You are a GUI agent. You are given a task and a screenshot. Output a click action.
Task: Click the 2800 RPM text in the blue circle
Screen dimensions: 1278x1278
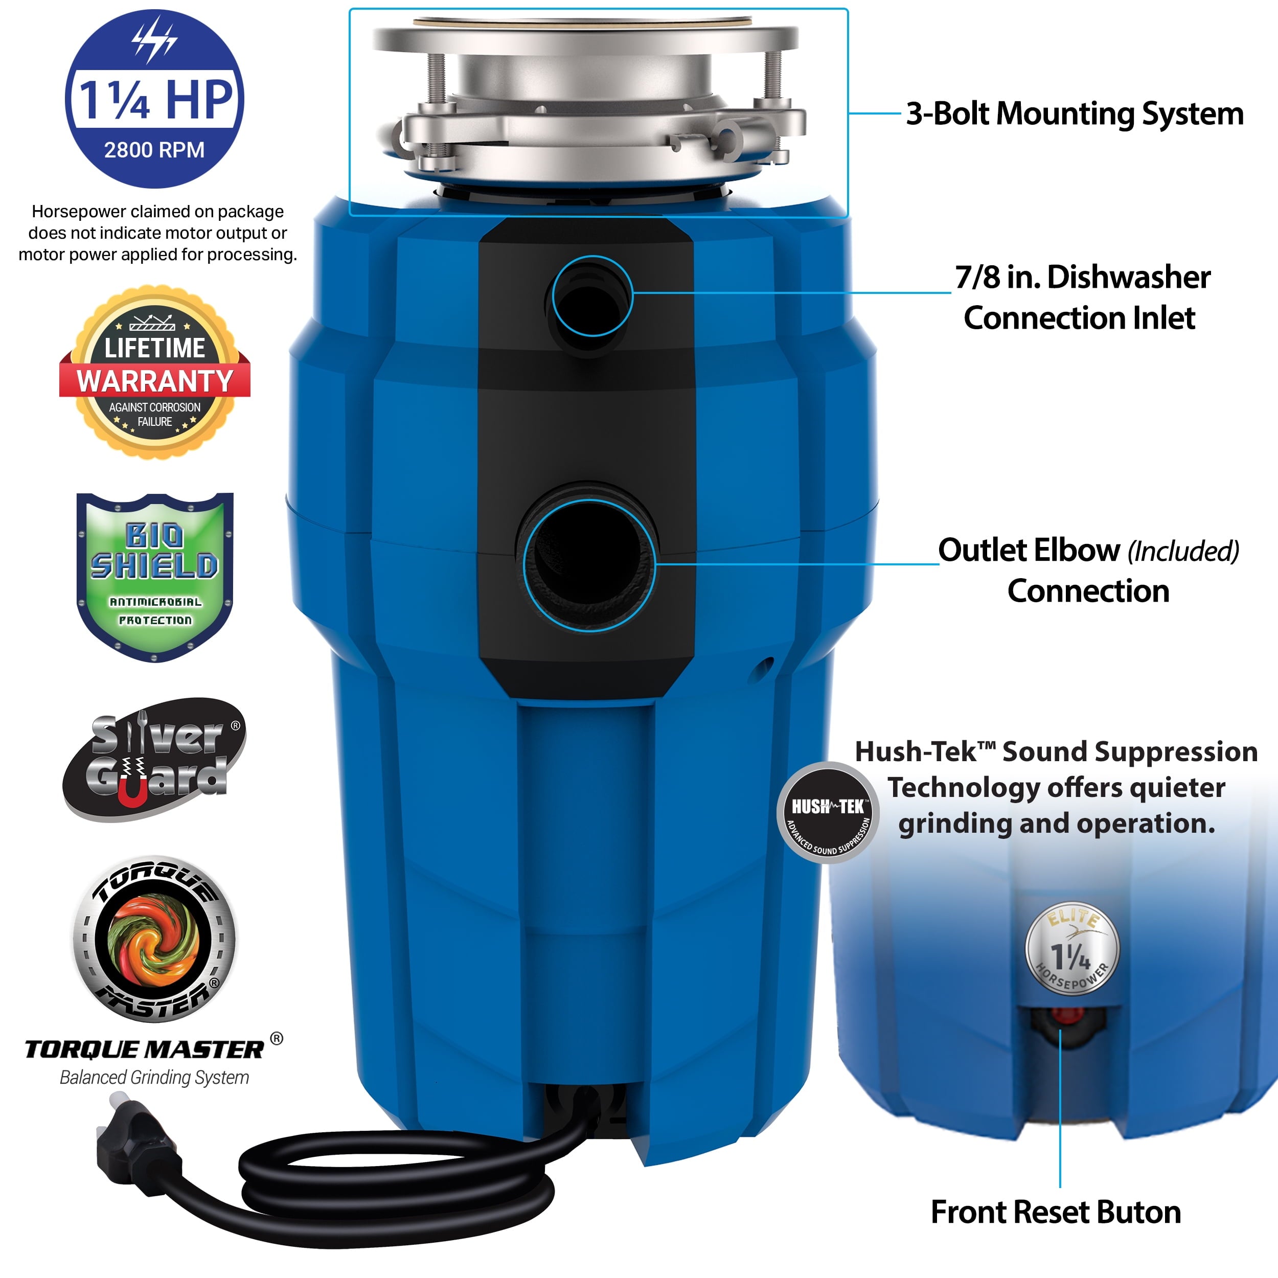pos(154,150)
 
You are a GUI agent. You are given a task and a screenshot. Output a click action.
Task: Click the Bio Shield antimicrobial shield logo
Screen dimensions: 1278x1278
pos(155,577)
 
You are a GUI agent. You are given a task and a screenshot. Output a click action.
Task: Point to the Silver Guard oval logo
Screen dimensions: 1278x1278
pos(154,760)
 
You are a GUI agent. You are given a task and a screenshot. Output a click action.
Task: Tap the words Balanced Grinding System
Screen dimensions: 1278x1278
pos(154,1078)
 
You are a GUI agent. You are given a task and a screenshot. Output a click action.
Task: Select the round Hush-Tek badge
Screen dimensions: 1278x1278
pos(828,812)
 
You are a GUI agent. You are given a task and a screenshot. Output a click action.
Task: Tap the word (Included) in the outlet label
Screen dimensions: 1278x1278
pos(1183,551)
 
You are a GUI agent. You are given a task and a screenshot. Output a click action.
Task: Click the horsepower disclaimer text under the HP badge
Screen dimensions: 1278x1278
pos(157,233)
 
